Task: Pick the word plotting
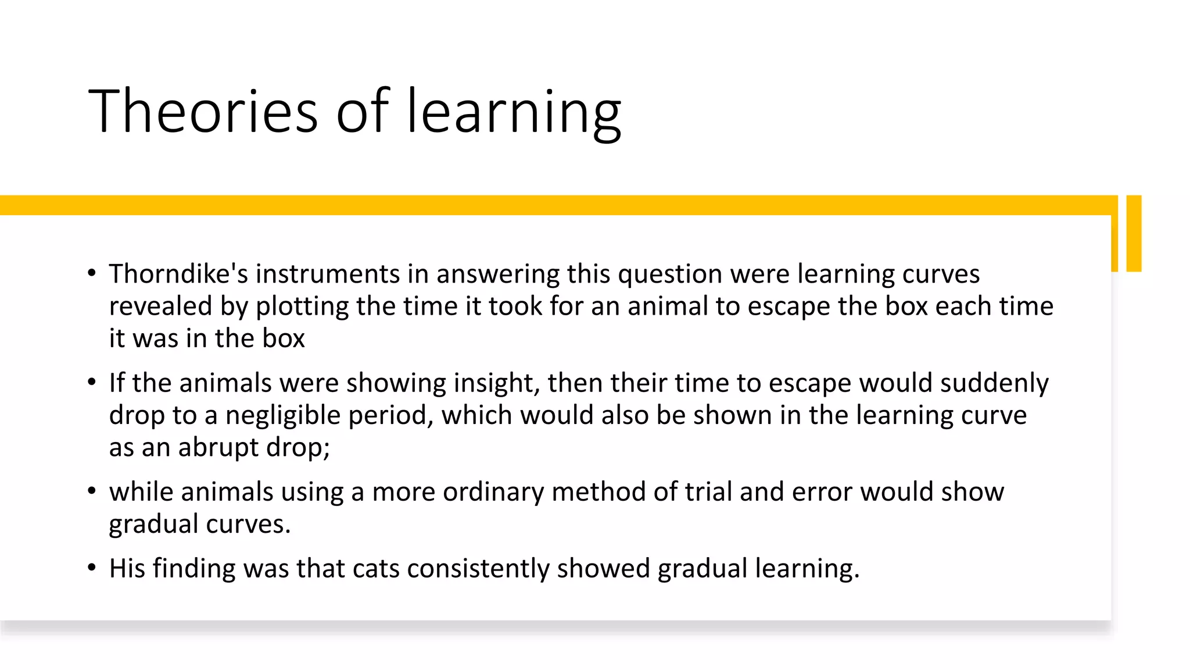pos(302,307)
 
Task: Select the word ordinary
pos(493,492)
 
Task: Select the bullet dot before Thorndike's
pos(91,272)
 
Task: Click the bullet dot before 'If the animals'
pos(91,382)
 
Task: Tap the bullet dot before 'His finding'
pos(91,567)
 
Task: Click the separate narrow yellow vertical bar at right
pos(1134,233)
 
